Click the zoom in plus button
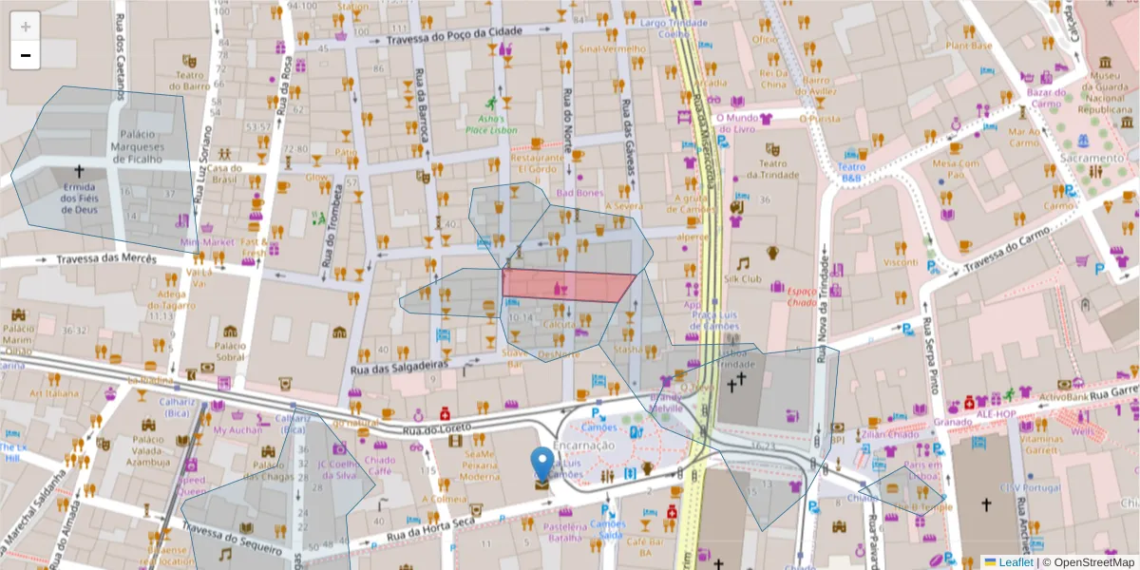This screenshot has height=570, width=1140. pos(26,28)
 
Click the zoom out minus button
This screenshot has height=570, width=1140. pos(26,55)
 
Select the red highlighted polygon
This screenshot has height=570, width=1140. pos(567,285)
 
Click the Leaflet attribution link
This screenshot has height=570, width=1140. pos(1008,562)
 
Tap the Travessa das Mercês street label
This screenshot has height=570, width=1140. pos(104,258)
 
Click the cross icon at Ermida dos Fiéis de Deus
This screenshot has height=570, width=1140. pos(80,173)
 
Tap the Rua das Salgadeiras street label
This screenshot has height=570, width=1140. pos(398,369)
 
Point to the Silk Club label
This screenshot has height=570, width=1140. pos(743,279)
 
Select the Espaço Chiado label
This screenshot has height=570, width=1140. pos(802,296)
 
